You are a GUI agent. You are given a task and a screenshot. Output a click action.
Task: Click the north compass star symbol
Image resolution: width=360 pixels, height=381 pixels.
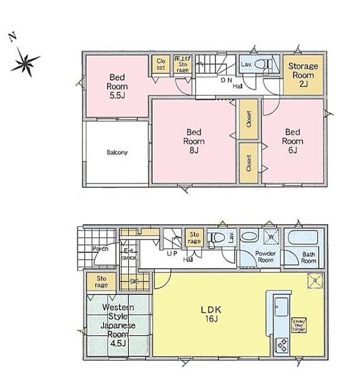tap(24, 60)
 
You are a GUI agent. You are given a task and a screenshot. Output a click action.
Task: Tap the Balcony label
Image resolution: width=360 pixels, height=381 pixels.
tap(117, 153)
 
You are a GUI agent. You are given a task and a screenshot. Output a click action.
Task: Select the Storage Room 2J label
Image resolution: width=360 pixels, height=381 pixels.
tap(303, 75)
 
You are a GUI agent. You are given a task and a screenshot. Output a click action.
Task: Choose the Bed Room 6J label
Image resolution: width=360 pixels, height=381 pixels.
tap(293, 141)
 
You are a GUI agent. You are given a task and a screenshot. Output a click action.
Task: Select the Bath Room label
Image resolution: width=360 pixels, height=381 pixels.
tap(308, 257)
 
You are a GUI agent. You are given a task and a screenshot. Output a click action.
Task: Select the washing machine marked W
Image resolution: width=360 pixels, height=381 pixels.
tap(270, 237)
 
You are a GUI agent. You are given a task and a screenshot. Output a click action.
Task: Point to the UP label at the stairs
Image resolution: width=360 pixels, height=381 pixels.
tap(172, 254)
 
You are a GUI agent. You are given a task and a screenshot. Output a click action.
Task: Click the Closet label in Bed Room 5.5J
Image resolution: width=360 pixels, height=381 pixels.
tap(160, 64)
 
